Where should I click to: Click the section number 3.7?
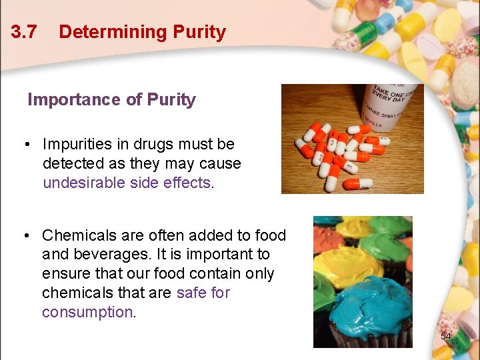tap(24, 32)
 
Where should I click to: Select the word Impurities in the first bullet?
tap(81, 144)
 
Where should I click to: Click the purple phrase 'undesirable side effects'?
tap(127, 183)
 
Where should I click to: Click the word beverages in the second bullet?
tap(107, 254)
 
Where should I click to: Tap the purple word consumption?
tap(87, 312)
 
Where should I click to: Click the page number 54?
tap(446, 336)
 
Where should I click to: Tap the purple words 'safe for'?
tap(203, 293)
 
